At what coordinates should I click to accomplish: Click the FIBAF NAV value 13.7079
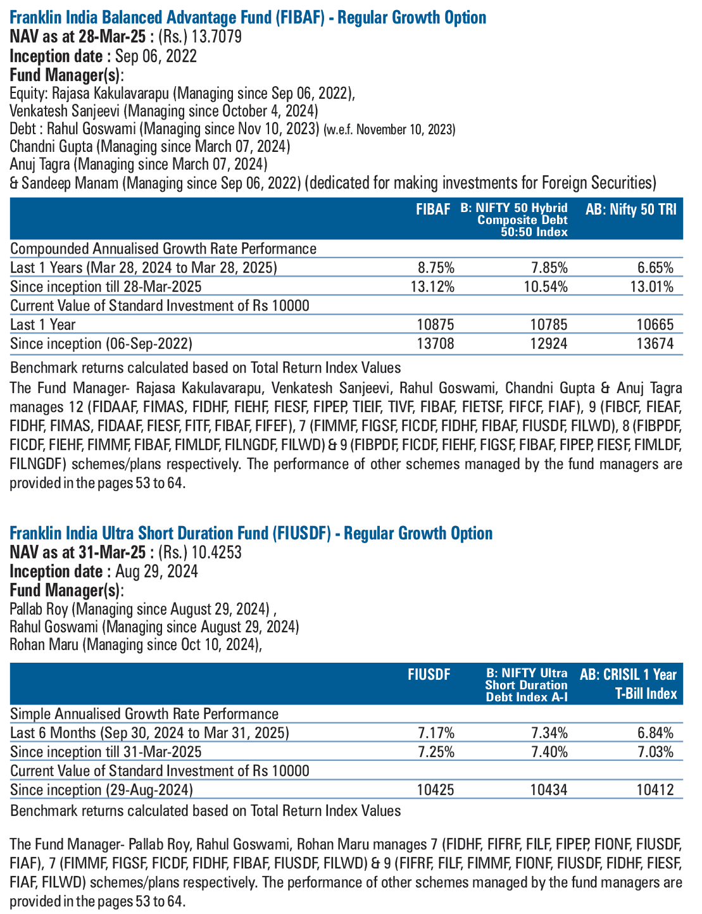(216, 37)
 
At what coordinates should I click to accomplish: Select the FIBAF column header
(433, 209)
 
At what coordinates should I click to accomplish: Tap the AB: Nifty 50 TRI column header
(631, 209)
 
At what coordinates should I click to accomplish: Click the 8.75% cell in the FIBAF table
(436, 268)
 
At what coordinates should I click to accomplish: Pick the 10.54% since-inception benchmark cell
(546, 287)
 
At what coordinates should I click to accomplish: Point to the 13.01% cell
(651, 287)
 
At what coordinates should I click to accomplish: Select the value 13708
(436, 344)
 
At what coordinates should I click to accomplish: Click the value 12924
(548, 344)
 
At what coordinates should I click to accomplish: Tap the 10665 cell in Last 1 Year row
(655, 325)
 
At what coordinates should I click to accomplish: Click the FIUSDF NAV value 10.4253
(216, 553)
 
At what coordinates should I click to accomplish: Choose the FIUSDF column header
(429, 674)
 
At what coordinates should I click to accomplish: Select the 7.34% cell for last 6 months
(549, 733)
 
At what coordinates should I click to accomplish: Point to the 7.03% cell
(655, 751)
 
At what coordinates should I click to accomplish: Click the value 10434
(548, 790)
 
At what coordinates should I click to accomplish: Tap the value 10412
(655, 790)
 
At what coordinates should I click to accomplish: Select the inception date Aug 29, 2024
(156, 571)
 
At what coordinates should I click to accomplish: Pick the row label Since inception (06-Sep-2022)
(101, 344)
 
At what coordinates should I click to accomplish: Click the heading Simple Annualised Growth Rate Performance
(144, 714)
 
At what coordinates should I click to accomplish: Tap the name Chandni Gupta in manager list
(51, 146)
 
